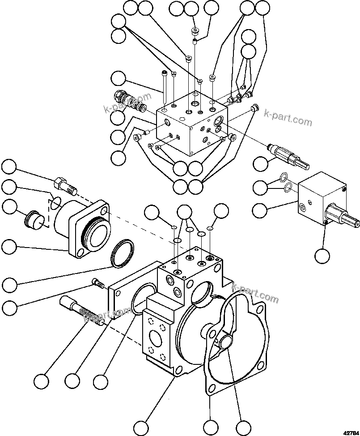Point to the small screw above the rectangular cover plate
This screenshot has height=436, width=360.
[x=97, y=283]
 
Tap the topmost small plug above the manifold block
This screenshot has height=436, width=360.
[x=194, y=31]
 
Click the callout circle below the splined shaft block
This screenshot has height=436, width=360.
[x=322, y=256]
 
